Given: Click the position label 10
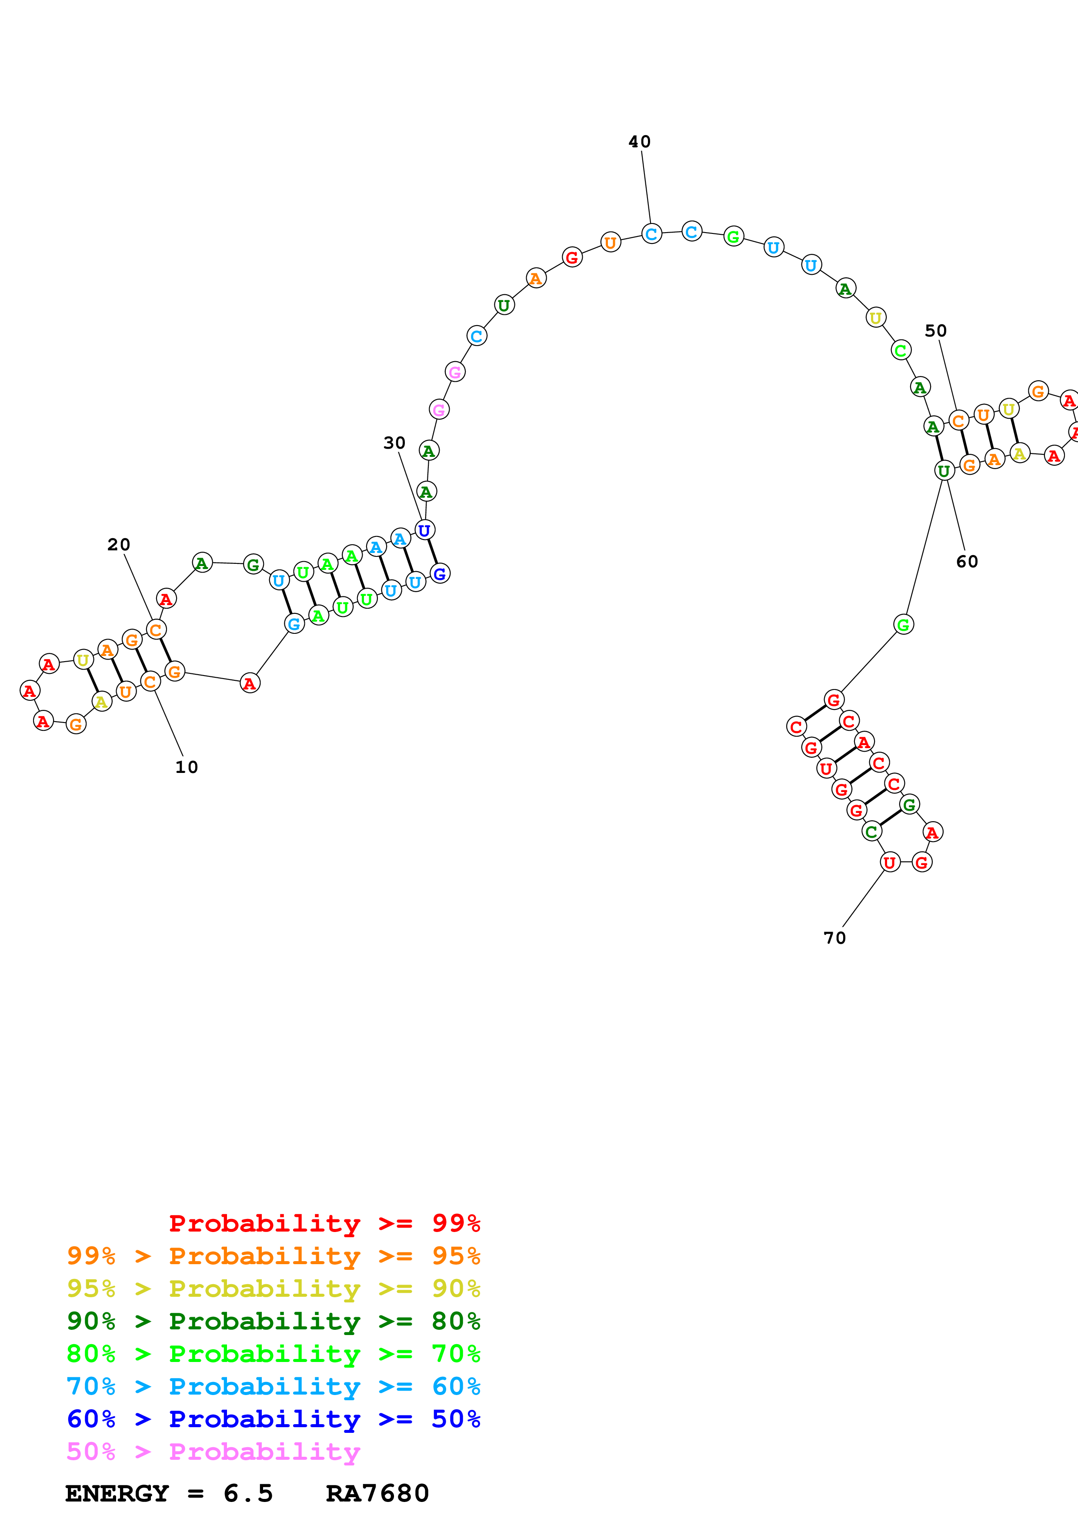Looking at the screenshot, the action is tap(187, 767).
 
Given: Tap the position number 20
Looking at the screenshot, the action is tap(119, 545).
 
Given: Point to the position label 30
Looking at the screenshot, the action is tap(394, 443).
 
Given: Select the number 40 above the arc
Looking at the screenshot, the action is tap(640, 141).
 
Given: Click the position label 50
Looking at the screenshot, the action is tap(936, 331).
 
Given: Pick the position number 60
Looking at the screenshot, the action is tap(967, 562).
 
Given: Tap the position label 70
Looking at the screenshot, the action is tap(835, 938).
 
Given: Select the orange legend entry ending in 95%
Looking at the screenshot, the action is tap(273, 1255).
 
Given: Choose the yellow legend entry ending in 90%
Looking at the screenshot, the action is tap(273, 1288).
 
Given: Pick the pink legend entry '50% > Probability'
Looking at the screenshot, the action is tap(213, 1451).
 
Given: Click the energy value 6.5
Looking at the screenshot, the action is tap(248, 1493).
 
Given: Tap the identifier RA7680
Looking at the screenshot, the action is tap(377, 1493).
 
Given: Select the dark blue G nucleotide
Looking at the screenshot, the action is tap(440, 574).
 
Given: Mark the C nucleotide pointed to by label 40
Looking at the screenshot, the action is tap(651, 234).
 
